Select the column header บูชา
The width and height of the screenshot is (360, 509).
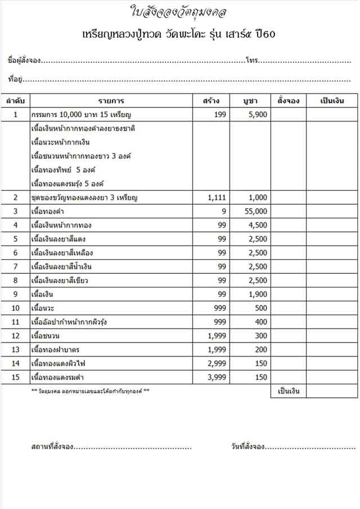tap(250, 101)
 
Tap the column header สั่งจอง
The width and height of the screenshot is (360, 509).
tap(288, 101)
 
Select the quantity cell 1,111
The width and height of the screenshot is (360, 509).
tap(216, 198)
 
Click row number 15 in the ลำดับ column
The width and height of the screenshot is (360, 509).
tap(16, 377)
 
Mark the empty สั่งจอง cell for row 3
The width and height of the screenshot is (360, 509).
tap(288, 211)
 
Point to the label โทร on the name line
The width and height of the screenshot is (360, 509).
tap(251, 60)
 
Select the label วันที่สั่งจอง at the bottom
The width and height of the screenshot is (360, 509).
tap(247, 447)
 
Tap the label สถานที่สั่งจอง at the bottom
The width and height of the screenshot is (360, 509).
tap(52, 447)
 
